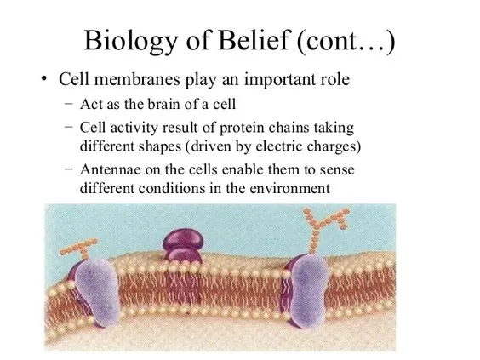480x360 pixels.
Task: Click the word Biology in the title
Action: tap(131, 42)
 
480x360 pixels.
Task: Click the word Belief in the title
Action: tap(254, 40)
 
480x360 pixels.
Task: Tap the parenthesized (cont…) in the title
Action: tap(346, 42)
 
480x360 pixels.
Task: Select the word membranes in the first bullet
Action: tap(137, 79)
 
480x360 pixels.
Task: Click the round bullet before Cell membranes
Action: tap(44, 79)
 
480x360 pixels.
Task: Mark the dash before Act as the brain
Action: tap(69, 103)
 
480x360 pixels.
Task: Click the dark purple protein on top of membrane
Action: tap(183, 246)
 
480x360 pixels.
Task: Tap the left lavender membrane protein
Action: tap(98, 292)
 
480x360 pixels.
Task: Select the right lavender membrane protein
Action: tap(308, 291)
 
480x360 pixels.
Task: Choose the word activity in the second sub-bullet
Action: tap(134, 129)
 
